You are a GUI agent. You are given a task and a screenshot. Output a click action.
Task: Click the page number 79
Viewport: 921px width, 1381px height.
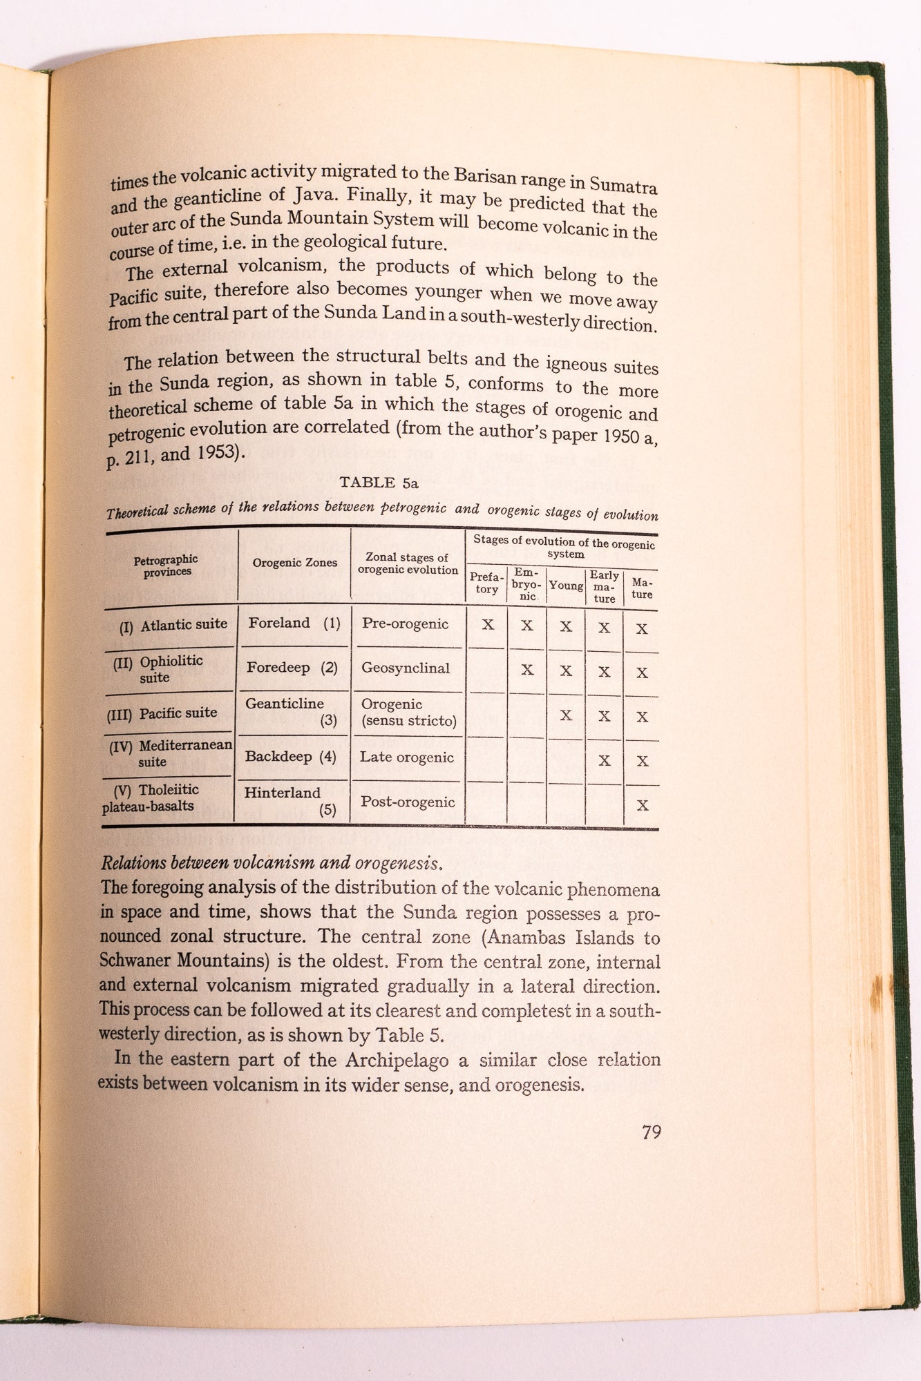(652, 1132)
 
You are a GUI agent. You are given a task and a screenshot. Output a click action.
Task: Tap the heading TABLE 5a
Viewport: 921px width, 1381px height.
(379, 483)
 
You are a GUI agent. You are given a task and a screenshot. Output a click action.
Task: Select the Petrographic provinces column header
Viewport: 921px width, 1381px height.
(166, 566)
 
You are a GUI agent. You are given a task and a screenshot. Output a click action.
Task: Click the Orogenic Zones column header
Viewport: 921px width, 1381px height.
(294, 563)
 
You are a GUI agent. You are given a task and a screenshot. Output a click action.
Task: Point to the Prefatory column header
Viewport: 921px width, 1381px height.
(486, 583)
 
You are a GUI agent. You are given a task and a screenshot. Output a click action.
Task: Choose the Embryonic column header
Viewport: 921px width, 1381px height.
(527, 584)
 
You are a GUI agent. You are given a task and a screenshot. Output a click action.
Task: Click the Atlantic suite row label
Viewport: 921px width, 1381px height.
(174, 626)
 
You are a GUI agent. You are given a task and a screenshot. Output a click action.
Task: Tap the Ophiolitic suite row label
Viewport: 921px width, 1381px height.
(159, 669)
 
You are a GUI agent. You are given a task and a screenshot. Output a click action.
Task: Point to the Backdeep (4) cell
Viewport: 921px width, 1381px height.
(290, 757)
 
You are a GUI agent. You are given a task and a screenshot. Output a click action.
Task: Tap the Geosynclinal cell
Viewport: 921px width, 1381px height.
(405, 668)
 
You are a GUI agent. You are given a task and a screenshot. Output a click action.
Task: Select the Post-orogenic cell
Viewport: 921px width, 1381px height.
(407, 802)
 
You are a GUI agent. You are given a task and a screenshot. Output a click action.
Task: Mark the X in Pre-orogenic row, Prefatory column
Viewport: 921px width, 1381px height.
(488, 626)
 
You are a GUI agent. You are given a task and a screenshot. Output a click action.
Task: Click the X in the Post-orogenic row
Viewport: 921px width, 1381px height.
(643, 805)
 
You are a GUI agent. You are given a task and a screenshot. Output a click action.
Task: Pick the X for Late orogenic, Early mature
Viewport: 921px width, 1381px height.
(605, 761)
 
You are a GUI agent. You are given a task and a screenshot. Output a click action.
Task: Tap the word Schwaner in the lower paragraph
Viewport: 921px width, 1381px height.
(137, 960)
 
